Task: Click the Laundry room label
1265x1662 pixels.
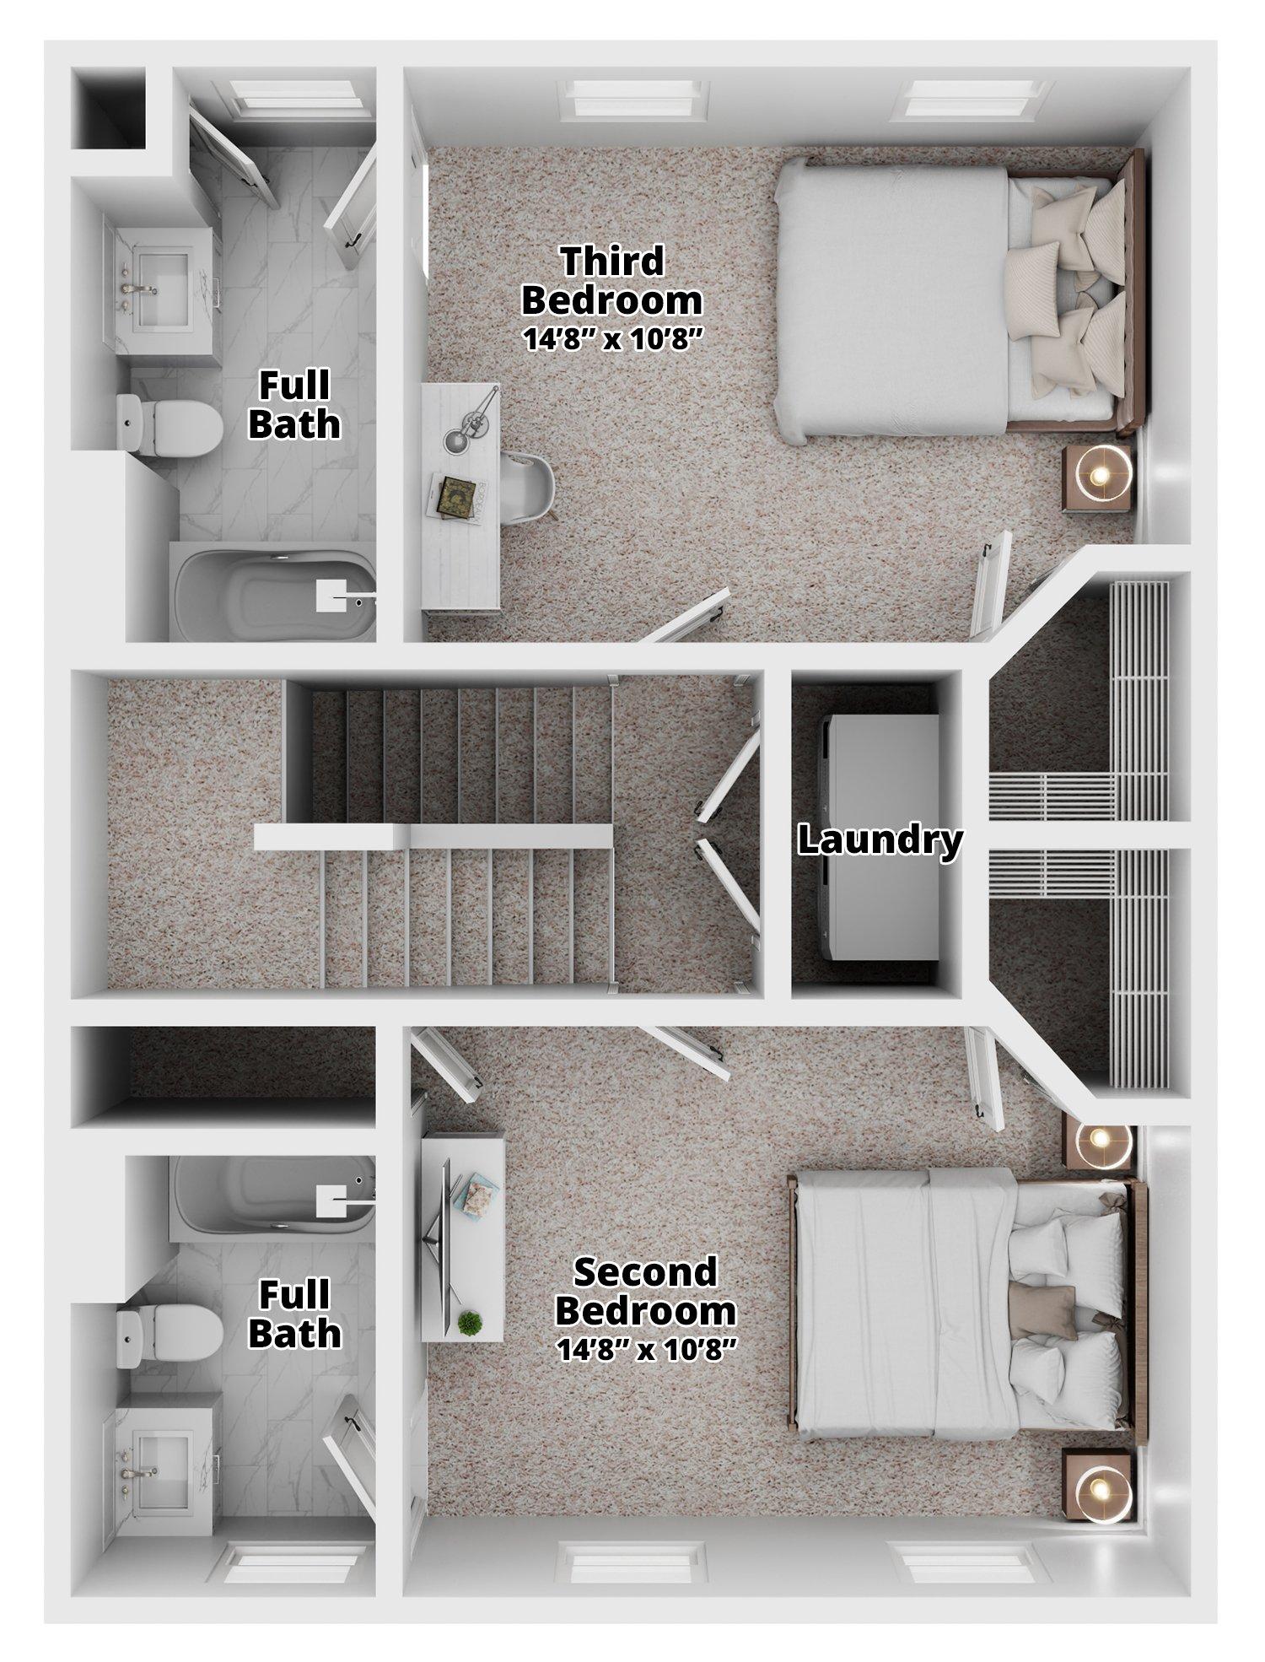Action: [880, 840]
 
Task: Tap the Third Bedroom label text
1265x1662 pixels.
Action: [612, 280]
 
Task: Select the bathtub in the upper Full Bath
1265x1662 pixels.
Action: [275, 594]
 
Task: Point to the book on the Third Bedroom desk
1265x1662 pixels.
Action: [459, 493]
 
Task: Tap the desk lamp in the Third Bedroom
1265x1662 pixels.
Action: [471, 422]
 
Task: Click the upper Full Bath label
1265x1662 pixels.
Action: [294, 404]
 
